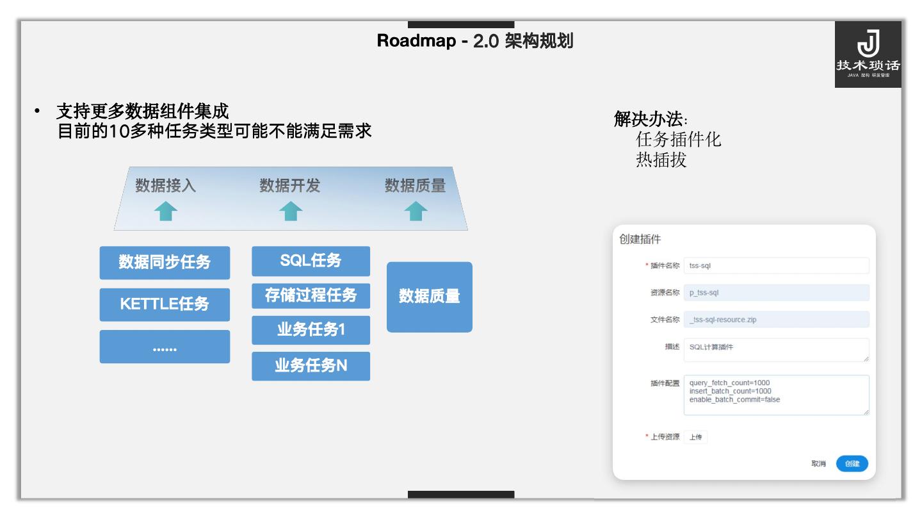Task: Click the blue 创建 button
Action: pos(852,464)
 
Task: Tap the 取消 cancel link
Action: pos(818,464)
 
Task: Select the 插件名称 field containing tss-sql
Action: pos(776,266)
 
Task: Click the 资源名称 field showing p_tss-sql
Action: pos(776,293)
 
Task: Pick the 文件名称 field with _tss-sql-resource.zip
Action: pos(776,319)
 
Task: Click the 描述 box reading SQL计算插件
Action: pos(776,350)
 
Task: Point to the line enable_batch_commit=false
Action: pos(734,400)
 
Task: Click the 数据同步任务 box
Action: pos(165,263)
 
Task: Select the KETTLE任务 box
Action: pos(165,304)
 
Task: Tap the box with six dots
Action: pos(165,347)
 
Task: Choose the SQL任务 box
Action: pos(311,261)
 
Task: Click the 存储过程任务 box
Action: pos(311,296)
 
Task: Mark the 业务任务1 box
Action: pos(311,331)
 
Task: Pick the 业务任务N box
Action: pos(311,366)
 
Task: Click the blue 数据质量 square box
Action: pos(429,297)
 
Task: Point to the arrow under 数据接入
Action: pos(166,211)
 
